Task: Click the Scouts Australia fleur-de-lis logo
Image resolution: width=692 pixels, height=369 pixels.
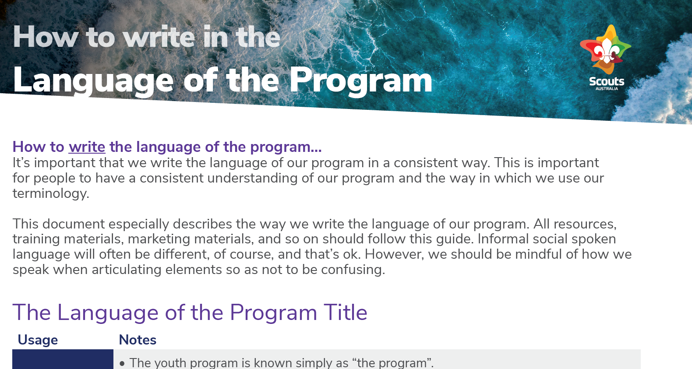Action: coord(606,50)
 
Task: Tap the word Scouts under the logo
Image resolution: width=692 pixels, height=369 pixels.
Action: coord(607,81)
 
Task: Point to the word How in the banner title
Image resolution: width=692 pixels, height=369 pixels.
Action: coord(46,37)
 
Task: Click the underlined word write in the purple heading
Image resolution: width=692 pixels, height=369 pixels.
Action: coord(87,147)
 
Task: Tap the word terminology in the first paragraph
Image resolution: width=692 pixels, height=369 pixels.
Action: coord(50,193)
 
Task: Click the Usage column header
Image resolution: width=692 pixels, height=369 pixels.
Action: coord(38,340)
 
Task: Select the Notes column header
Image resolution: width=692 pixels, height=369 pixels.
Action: coord(138,340)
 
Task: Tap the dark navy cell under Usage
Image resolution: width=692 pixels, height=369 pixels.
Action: coord(63,359)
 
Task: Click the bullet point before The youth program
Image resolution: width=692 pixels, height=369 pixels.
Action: coord(122,363)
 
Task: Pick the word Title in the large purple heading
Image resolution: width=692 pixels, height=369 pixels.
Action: coord(345,313)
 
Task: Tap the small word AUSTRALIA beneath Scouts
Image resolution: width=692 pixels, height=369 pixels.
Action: coord(607,89)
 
